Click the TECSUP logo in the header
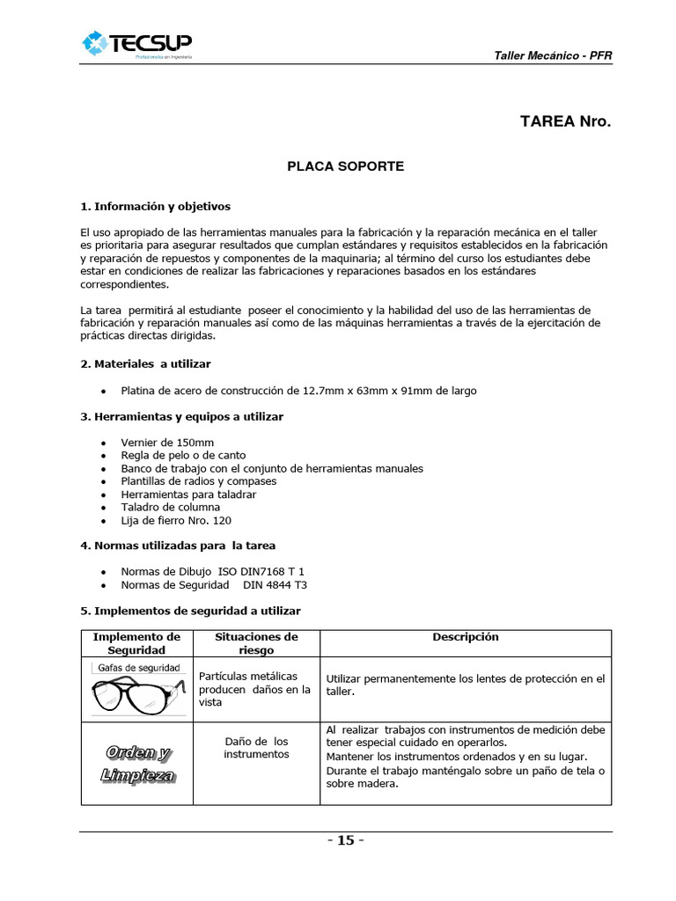point(136,44)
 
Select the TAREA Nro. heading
point(565,121)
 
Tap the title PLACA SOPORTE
point(346,165)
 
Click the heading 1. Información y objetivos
point(155,206)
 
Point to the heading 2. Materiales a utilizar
point(145,363)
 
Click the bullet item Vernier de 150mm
point(167,443)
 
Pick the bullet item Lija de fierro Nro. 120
point(176,521)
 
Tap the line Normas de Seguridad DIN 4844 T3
point(214,585)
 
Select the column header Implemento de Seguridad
point(136,643)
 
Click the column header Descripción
point(465,637)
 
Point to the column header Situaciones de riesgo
point(256,643)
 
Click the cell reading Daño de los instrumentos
point(256,748)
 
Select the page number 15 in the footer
point(345,840)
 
